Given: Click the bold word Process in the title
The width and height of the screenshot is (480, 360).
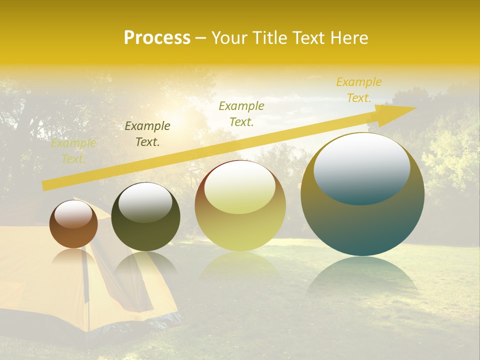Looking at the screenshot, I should [157, 38].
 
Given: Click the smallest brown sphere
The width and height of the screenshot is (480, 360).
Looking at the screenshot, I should [73, 230].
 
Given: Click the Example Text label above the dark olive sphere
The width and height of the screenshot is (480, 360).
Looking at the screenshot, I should [147, 134].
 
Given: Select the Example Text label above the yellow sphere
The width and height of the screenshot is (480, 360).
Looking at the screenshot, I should [241, 113].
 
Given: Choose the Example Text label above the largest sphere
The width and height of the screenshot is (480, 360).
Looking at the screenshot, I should [359, 90].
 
